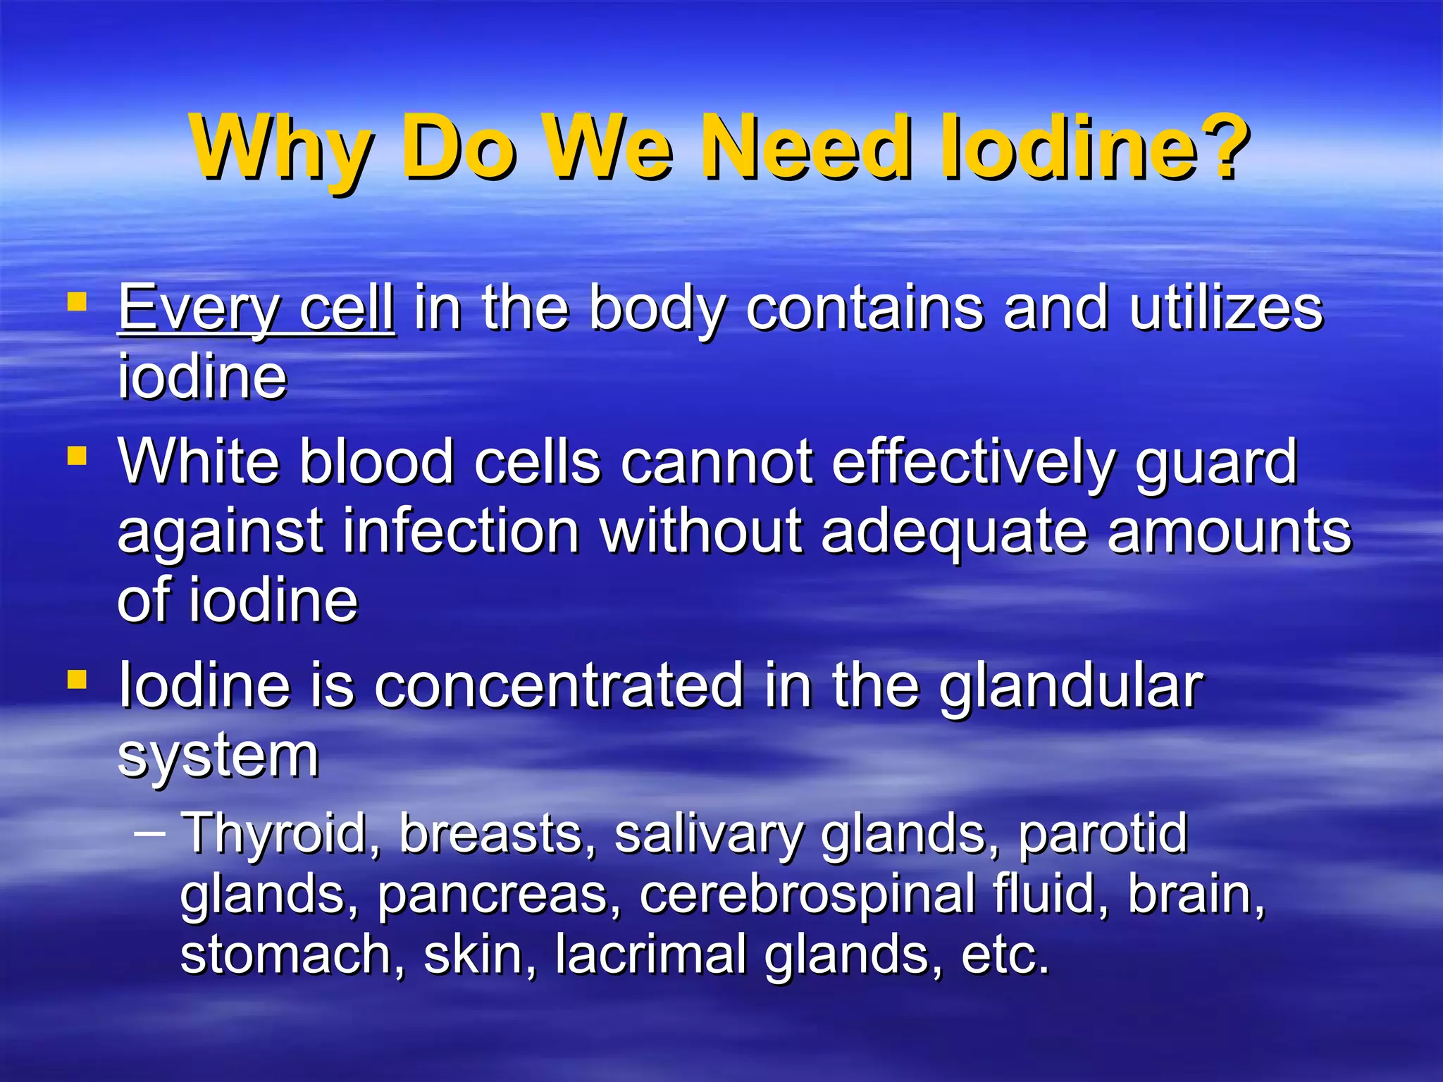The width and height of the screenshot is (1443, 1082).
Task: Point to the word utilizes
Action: point(1226,309)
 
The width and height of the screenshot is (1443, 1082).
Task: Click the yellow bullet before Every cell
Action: point(77,303)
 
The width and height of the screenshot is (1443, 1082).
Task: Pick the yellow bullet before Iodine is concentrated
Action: point(77,680)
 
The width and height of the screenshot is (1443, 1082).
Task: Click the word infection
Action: point(462,532)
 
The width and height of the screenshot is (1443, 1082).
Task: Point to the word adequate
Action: point(954,533)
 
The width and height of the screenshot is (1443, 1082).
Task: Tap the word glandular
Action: point(1071,687)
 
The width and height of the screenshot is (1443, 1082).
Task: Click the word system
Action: point(218,755)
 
